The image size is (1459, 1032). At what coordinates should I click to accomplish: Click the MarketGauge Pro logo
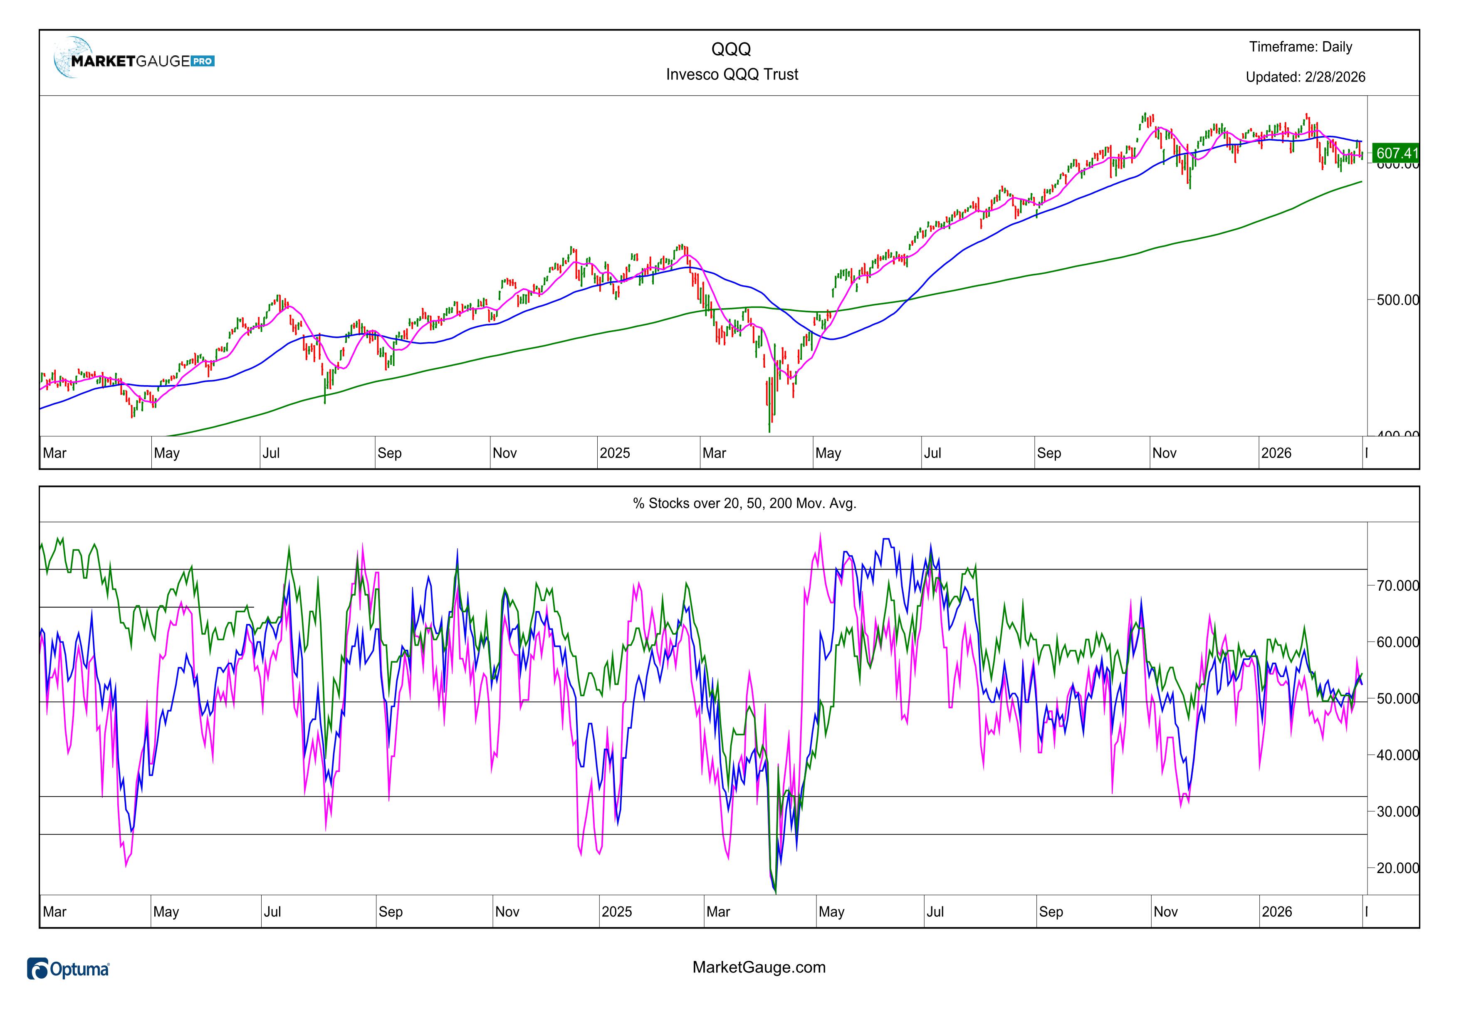[135, 60]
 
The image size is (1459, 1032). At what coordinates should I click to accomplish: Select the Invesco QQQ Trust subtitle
[732, 74]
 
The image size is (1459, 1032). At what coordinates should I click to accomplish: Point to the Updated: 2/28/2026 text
[1305, 77]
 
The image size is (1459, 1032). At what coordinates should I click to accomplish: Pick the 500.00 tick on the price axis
[1397, 299]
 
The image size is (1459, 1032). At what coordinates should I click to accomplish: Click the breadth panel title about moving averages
[744, 503]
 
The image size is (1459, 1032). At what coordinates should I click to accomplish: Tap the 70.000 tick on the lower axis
[1397, 585]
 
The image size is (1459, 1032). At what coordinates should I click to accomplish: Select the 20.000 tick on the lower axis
[1397, 868]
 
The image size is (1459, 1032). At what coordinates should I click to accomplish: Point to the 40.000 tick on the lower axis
[1397, 755]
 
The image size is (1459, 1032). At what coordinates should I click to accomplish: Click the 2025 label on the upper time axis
[614, 453]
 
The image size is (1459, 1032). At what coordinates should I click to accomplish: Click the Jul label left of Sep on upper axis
[271, 453]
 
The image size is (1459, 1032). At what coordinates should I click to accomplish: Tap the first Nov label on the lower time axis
[507, 912]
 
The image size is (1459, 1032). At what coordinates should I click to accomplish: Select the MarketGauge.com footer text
[759, 967]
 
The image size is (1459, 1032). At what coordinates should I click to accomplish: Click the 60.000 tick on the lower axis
[1397, 642]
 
